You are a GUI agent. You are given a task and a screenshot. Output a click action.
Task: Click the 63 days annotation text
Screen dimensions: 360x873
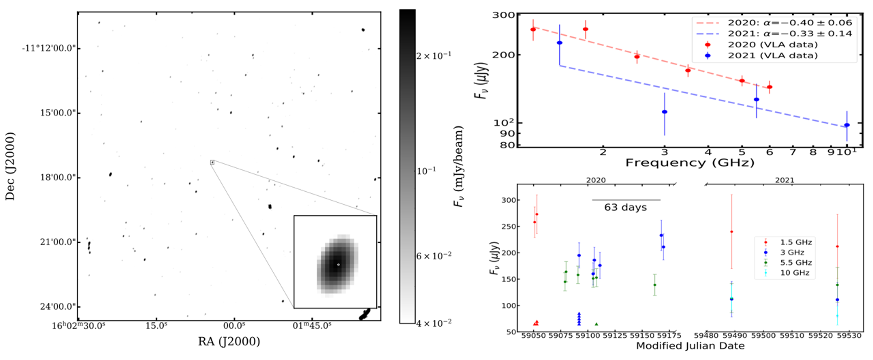pyautogui.click(x=625, y=207)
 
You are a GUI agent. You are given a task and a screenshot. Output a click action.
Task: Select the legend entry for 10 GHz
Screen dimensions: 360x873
pyautogui.click(x=795, y=273)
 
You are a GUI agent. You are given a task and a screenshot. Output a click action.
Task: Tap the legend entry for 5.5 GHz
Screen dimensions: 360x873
pyautogui.click(x=796, y=262)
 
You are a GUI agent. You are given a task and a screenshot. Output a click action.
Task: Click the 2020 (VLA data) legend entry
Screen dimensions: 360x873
pyautogui.click(x=772, y=45)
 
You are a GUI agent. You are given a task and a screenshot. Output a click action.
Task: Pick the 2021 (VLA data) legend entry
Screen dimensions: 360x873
pyautogui.click(x=772, y=56)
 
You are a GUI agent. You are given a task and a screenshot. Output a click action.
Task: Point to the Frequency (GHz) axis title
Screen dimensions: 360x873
pyautogui.click(x=690, y=163)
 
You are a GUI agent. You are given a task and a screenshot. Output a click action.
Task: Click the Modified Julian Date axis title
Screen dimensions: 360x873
pyautogui.click(x=690, y=346)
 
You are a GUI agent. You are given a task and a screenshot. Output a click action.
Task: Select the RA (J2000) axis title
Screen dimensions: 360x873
pyautogui.click(x=229, y=341)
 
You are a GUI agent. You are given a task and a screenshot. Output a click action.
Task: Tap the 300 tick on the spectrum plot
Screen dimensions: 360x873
pyautogui.click(x=503, y=15)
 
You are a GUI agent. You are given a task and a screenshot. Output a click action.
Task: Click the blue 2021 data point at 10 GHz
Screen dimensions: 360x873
pyautogui.click(x=847, y=125)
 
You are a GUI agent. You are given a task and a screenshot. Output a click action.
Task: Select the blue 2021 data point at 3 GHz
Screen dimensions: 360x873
pyautogui.click(x=664, y=112)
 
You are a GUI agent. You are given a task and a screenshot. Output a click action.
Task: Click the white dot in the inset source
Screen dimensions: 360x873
pyautogui.click(x=338, y=264)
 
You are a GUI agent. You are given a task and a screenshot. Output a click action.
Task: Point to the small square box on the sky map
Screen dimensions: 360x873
pyautogui.click(x=212, y=162)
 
